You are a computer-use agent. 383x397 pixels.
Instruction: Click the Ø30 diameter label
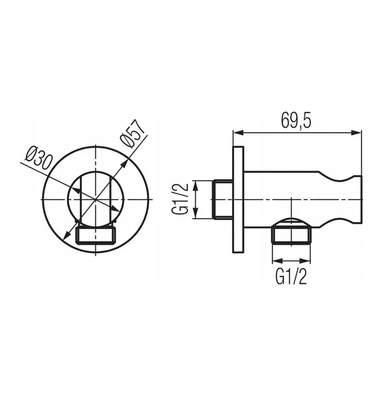(39, 157)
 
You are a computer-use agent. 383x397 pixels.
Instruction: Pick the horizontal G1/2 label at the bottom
(291, 277)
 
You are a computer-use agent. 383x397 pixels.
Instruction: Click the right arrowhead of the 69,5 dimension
(357, 132)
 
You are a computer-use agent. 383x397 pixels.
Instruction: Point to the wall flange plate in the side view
(238, 199)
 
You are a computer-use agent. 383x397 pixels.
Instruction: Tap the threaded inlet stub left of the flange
(222, 199)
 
